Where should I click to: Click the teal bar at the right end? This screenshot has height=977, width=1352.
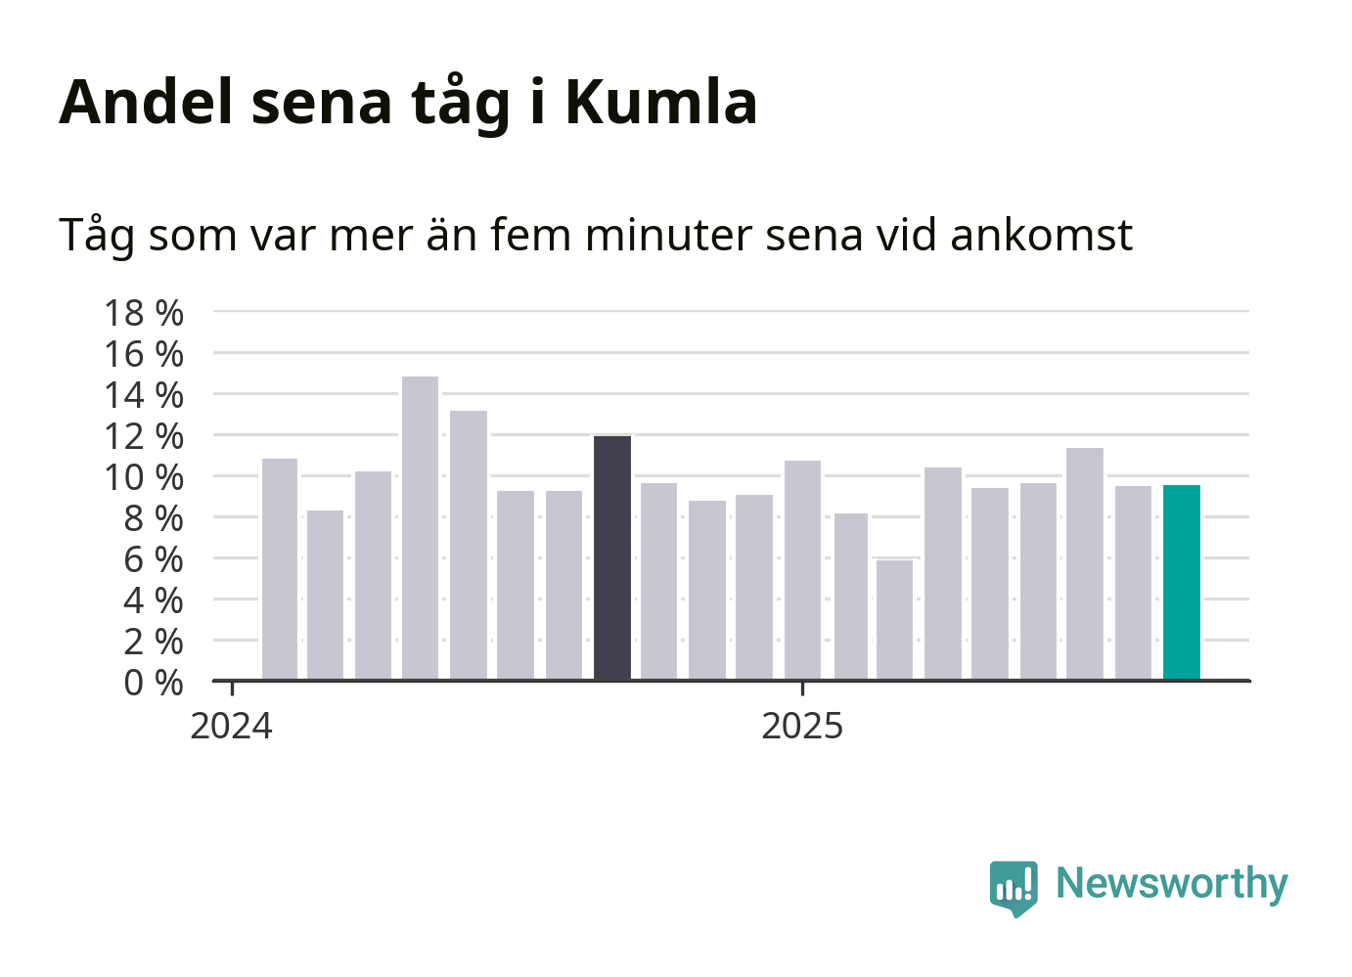(x=1181, y=582)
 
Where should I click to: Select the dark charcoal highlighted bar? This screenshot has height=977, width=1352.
(x=612, y=557)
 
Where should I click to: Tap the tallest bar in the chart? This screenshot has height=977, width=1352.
(x=420, y=528)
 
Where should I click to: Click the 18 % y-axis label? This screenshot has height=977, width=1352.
(x=144, y=313)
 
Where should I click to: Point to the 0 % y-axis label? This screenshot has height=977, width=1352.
(x=153, y=683)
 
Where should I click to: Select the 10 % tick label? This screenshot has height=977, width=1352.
(x=144, y=477)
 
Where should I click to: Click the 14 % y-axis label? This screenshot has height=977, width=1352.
(x=144, y=395)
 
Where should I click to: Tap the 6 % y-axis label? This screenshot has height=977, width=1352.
(x=153, y=559)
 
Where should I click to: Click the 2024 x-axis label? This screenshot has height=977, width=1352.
(x=231, y=727)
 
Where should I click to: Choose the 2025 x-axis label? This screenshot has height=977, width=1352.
(x=802, y=727)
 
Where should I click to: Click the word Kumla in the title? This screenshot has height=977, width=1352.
(x=660, y=102)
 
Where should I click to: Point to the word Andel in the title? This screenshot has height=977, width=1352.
(x=146, y=102)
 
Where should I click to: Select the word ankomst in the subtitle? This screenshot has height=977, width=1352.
(x=1041, y=235)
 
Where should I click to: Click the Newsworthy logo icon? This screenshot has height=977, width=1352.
(x=1013, y=887)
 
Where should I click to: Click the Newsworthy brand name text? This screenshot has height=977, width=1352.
(x=1171, y=883)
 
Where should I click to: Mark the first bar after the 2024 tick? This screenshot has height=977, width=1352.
(x=280, y=569)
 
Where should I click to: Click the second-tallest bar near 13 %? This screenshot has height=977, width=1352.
(x=469, y=545)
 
